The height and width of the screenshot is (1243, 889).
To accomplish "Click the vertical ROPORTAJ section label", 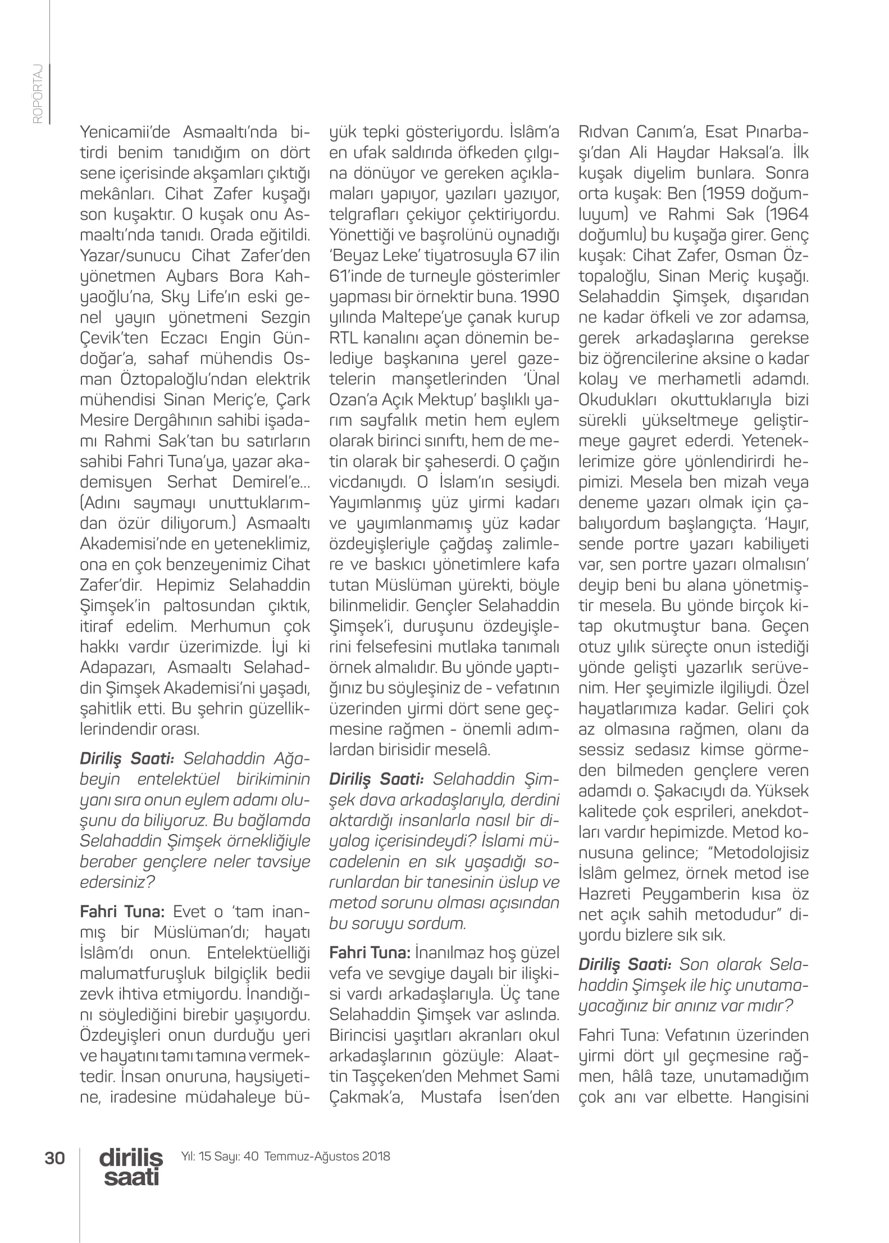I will tap(38, 93).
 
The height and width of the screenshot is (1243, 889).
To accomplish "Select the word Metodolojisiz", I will tap(761, 853).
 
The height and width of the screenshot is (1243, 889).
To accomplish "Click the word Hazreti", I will tap(605, 894).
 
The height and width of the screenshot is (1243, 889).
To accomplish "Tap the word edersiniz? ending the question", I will tap(117, 882).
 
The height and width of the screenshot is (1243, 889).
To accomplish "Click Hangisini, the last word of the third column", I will tap(775, 1096).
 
